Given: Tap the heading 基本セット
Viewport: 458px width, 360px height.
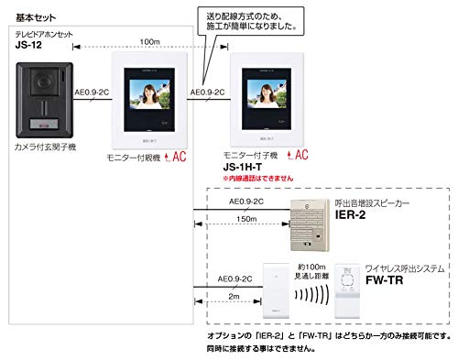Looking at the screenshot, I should coord(29,9).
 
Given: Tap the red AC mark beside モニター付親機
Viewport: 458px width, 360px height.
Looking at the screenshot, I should coord(173,157).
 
